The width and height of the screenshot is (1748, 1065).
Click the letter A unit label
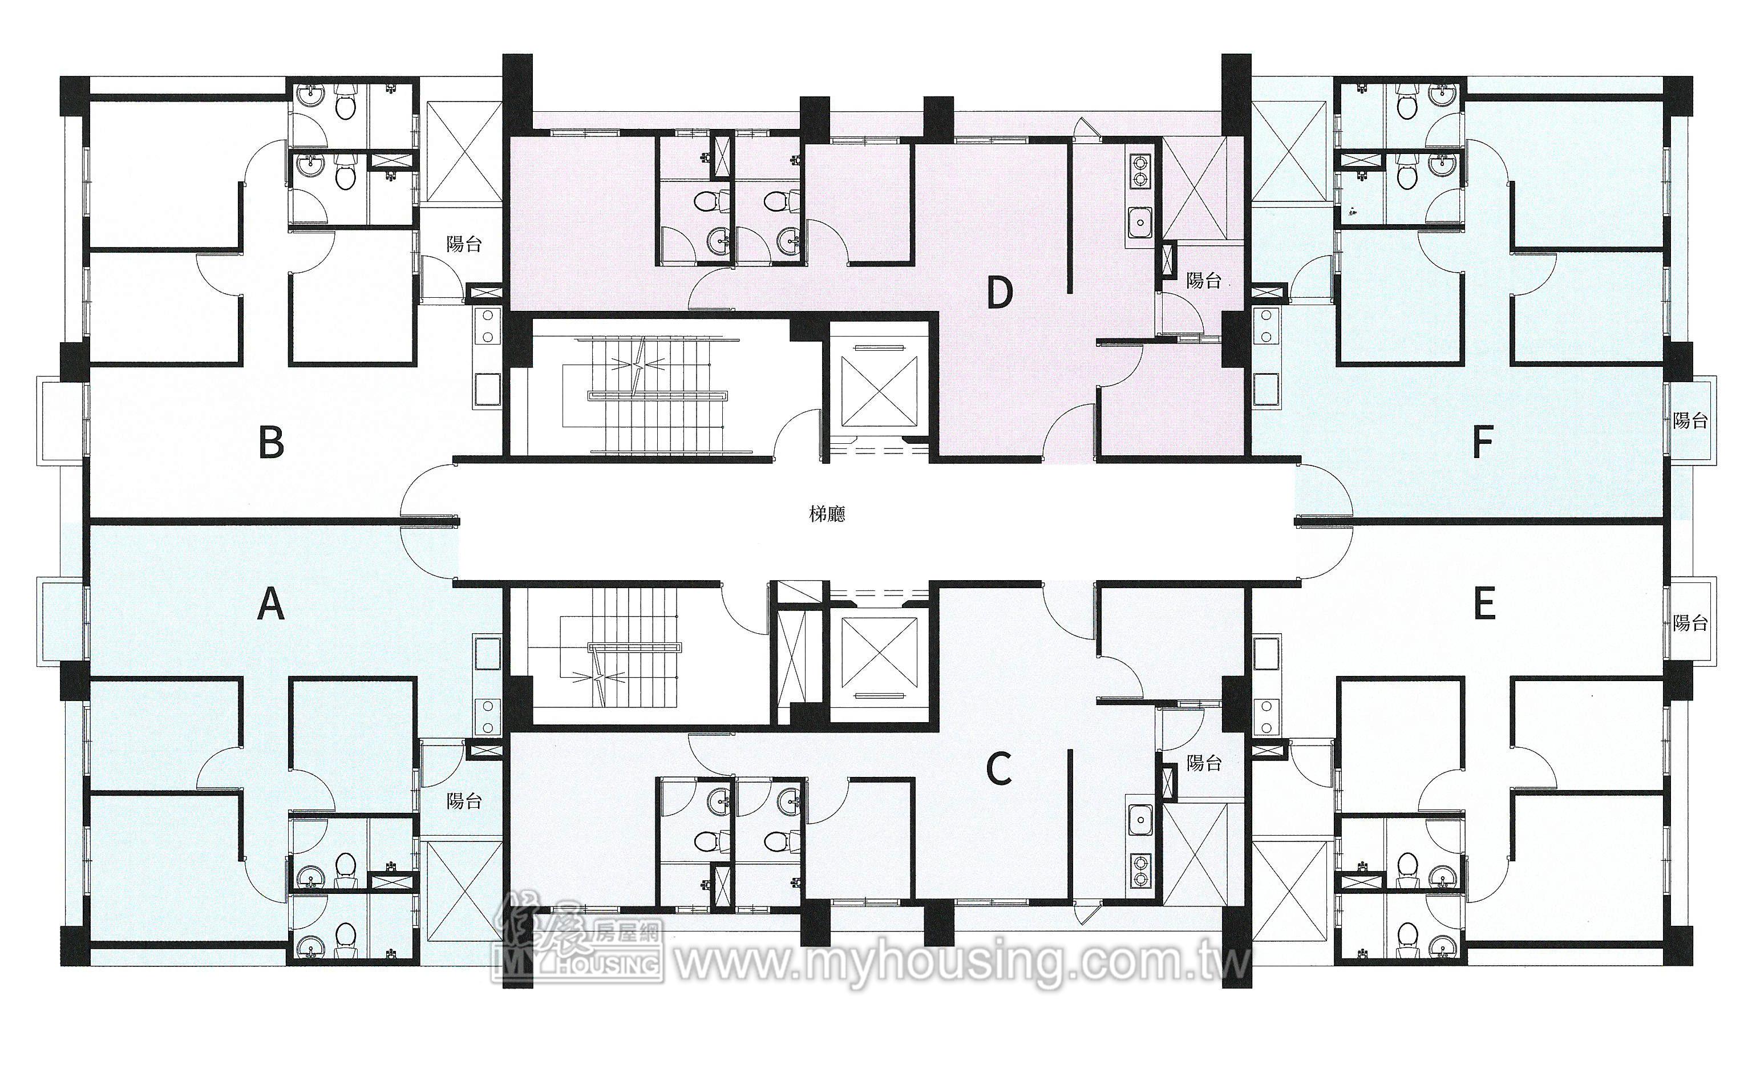coord(270,605)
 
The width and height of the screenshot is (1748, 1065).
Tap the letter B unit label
coord(271,442)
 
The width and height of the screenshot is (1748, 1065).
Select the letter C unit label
coord(999,769)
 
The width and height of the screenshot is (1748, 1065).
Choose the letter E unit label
coord(1484,605)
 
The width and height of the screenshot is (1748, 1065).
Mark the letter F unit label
coord(1483,442)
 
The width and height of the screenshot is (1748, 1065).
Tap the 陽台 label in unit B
coord(464,244)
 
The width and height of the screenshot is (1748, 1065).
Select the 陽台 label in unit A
coord(464,801)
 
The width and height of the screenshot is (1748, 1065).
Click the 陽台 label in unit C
coord(1204,763)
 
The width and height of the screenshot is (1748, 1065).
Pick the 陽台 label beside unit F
coord(1690,421)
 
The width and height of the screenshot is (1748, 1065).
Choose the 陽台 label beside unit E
coord(1690,623)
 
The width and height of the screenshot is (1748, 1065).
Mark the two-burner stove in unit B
coord(488,329)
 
